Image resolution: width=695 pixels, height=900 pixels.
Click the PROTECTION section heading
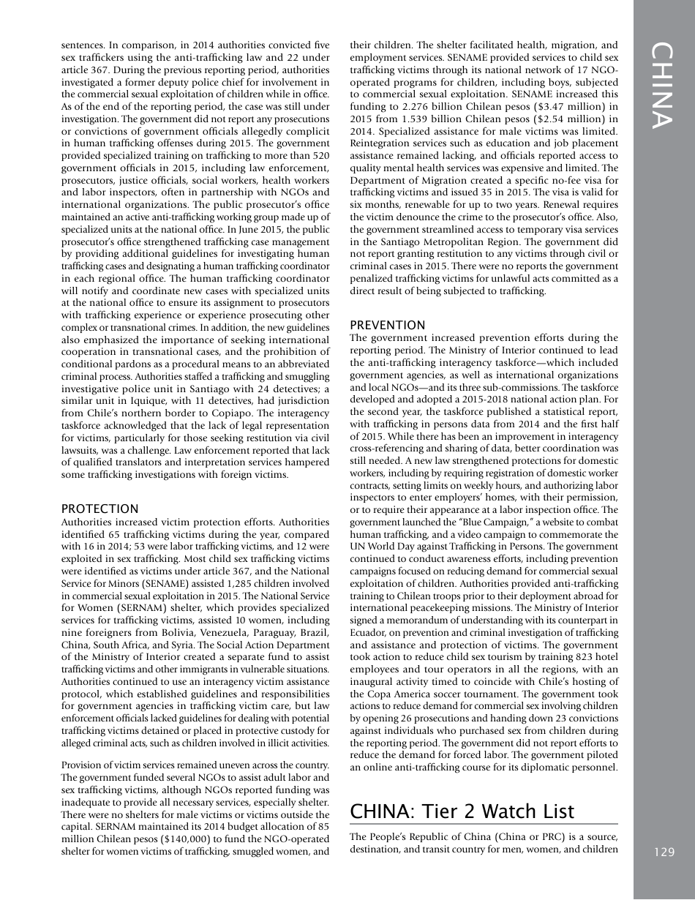click(99, 509)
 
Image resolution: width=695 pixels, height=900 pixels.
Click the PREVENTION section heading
click(387, 325)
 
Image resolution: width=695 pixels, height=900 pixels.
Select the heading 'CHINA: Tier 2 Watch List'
click(462, 811)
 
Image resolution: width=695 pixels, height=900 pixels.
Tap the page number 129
click(664, 852)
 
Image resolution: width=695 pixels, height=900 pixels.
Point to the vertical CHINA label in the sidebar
click(663, 86)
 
